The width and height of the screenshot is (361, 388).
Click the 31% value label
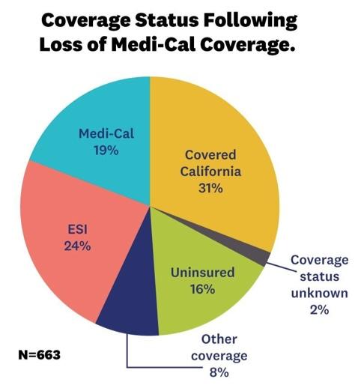pos(210,188)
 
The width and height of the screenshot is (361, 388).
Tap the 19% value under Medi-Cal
pos(106,151)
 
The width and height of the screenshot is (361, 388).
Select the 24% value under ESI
pos(77,246)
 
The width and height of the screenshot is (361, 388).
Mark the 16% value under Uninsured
pos(202,289)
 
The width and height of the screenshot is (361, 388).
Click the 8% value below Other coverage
pos(219,373)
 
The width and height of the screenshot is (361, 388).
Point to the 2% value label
pos(319,310)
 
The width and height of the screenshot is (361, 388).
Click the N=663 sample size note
pos(40,355)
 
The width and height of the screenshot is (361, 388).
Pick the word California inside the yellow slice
pos(210,172)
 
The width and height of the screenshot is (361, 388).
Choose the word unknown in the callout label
pos(319,293)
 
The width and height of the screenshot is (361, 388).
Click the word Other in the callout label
pos(219,339)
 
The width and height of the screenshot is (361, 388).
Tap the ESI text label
pos(78,229)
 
